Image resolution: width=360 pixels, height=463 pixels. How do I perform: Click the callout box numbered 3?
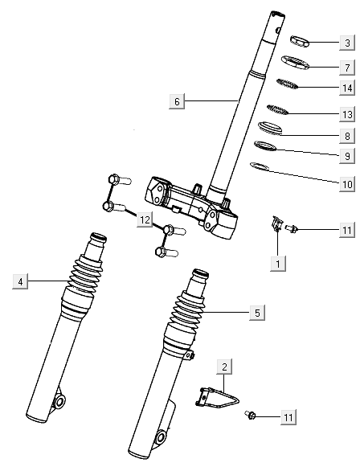point(346,43)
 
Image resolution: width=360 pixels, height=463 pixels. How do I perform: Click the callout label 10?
point(346,183)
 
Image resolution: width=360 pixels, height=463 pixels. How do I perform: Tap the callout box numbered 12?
point(144,219)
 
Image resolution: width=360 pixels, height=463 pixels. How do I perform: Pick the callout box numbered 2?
point(225,367)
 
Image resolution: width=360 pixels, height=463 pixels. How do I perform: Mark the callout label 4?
point(20,281)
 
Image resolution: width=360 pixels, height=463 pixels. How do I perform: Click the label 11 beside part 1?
point(346,231)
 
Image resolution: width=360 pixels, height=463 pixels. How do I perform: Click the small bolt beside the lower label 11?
point(252,415)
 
